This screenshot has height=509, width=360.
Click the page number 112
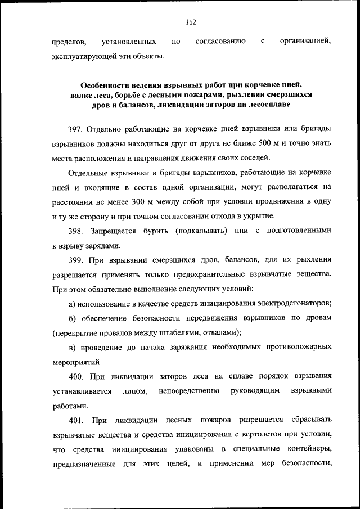click(190, 22)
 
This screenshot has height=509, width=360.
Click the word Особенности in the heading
click(109, 86)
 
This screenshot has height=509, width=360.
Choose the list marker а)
click(73, 304)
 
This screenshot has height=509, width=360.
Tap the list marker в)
click(73, 347)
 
